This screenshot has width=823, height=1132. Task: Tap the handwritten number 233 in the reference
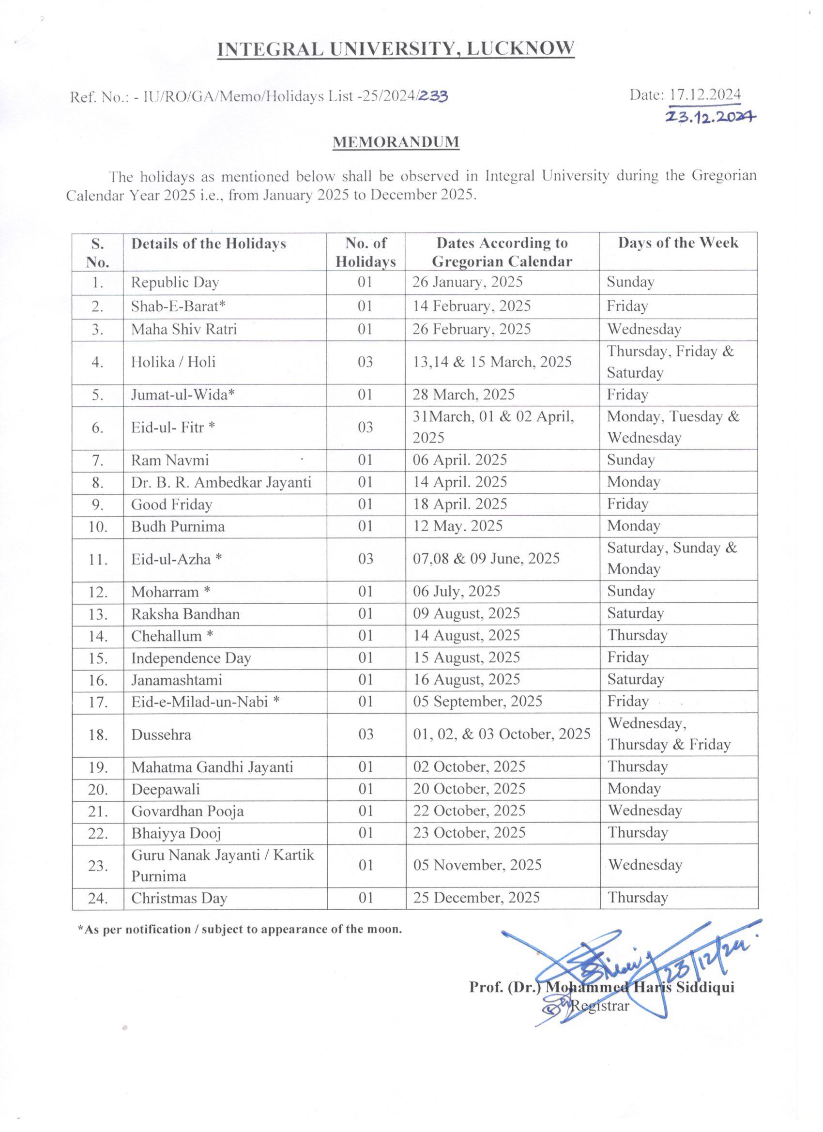point(432,96)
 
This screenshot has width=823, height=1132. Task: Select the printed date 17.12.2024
point(705,94)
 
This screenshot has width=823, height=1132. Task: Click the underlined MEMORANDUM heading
point(396,142)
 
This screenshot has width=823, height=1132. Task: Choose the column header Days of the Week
point(678,243)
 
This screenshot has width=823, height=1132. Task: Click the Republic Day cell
point(175,282)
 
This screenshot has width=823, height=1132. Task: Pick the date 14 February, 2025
point(472,306)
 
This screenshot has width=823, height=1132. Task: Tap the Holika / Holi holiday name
point(174,361)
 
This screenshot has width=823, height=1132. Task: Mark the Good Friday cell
point(172,504)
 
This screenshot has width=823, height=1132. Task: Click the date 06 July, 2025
point(457,592)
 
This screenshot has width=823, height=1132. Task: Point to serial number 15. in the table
point(98,658)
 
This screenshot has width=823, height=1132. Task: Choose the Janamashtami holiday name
point(177,680)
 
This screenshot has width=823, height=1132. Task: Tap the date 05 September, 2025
point(478,701)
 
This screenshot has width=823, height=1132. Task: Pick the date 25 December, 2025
point(477,898)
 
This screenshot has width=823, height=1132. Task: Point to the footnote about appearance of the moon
point(240,929)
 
